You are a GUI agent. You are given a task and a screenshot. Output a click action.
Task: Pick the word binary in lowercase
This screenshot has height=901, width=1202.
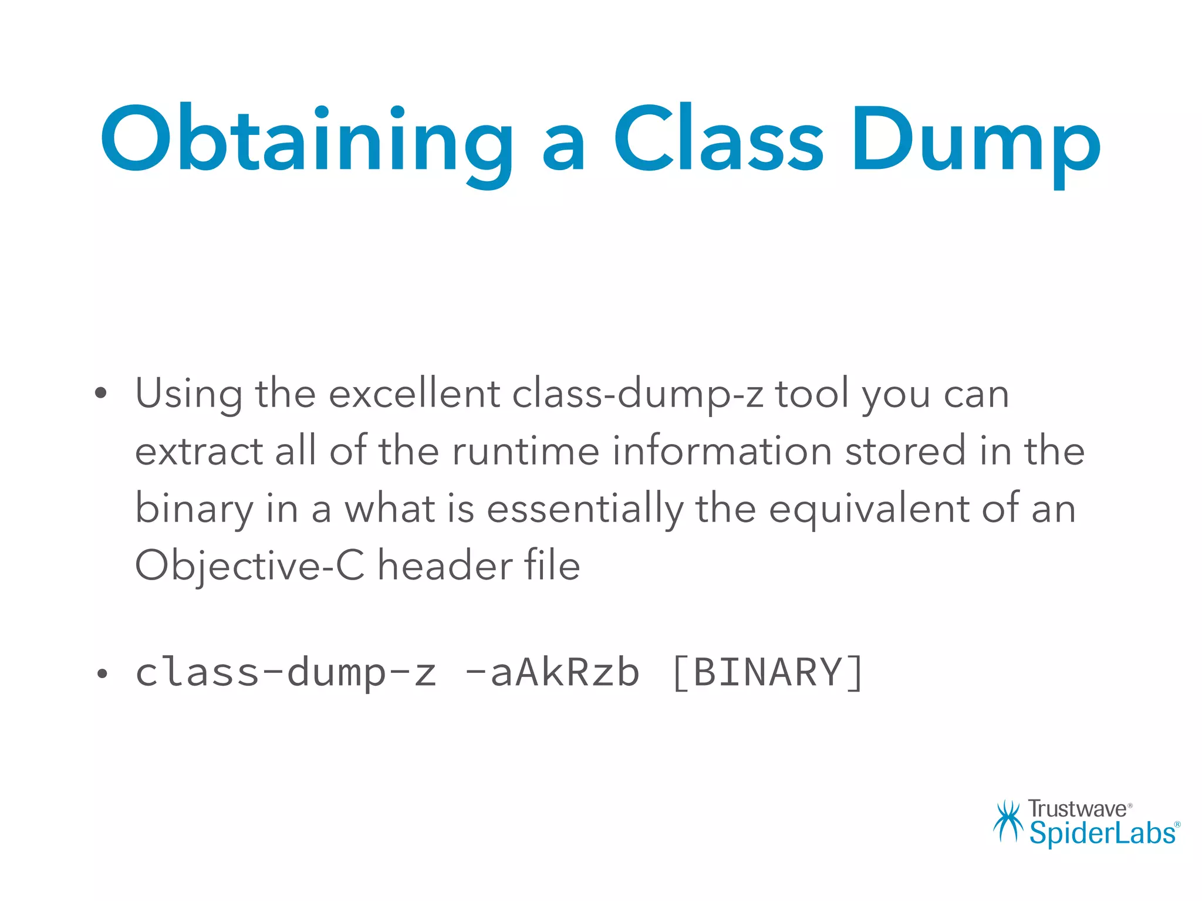(x=194, y=508)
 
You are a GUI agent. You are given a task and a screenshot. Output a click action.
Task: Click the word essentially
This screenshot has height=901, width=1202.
(x=585, y=508)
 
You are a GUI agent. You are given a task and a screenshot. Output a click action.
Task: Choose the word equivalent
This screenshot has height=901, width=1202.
(x=869, y=508)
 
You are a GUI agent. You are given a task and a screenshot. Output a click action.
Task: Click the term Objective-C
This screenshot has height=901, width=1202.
(x=249, y=565)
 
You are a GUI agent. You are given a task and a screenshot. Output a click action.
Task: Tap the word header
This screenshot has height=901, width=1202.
(x=445, y=565)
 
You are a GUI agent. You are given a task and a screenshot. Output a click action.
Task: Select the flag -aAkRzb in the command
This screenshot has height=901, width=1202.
(x=552, y=672)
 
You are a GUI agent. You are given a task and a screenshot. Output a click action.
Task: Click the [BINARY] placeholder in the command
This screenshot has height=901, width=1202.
(x=767, y=672)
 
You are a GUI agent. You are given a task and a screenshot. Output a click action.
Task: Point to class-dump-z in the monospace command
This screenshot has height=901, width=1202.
(x=286, y=672)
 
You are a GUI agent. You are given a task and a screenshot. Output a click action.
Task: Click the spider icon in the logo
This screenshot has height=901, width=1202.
(x=1008, y=821)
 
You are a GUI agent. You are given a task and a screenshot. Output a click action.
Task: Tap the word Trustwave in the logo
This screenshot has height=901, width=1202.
(x=1078, y=809)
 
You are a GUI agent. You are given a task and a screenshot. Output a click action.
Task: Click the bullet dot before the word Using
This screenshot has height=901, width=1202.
(x=101, y=393)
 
